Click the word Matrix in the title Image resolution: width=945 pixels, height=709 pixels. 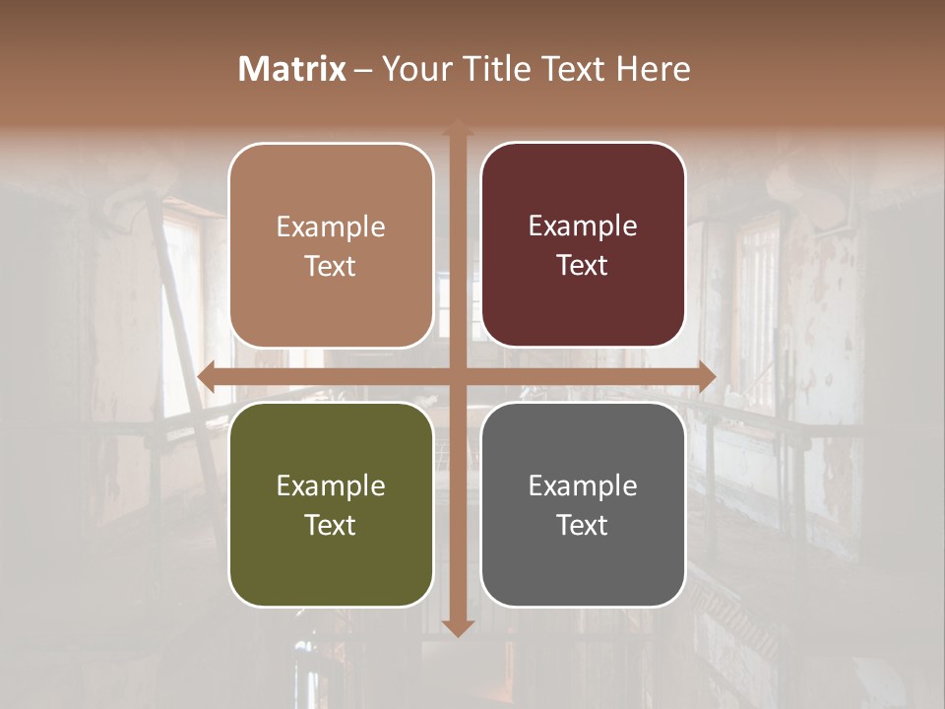292,69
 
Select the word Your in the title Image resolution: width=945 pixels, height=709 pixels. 415,69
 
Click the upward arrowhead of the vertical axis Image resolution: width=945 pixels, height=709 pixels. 458,128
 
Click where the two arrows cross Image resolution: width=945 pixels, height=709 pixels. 458,377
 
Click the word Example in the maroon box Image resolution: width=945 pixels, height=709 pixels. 583,226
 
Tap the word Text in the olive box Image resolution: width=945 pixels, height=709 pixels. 331,525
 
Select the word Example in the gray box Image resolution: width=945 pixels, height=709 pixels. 583,485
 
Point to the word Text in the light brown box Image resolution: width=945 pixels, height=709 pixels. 331,266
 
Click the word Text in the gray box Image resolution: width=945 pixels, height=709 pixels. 583,525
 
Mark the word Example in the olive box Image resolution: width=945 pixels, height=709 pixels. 331,485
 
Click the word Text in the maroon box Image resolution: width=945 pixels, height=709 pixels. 583,266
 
